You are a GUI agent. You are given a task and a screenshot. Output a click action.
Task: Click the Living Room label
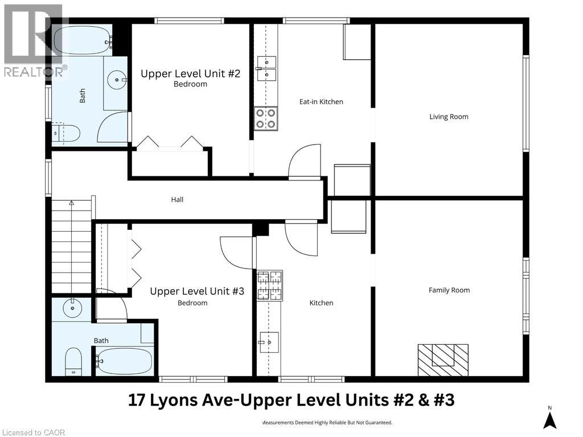click(449, 117)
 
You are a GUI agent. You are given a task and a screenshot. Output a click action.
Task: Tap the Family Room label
click(449, 290)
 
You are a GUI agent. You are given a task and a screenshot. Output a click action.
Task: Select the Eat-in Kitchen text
click(321, 102)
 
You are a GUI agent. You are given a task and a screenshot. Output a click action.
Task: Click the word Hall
click(177, 200)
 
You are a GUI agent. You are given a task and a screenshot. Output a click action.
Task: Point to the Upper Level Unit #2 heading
click(191, 73)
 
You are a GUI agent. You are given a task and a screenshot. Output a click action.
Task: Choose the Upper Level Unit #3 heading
click(197, 291)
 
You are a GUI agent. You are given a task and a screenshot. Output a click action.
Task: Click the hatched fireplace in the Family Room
click(443, 359)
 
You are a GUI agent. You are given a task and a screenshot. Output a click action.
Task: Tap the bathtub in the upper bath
click(81, 40)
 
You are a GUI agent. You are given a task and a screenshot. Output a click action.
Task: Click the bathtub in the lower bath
click(124, 360)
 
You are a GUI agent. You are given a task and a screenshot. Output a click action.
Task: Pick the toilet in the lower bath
click(73, 361)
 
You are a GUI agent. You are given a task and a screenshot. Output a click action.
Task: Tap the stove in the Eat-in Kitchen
click(265, 118)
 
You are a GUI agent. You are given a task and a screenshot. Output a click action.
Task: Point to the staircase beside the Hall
click(72, 245)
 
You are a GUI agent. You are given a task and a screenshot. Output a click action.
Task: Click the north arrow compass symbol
click(549, 420)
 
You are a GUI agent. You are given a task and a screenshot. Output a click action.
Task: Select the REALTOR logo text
click(34, 72)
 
